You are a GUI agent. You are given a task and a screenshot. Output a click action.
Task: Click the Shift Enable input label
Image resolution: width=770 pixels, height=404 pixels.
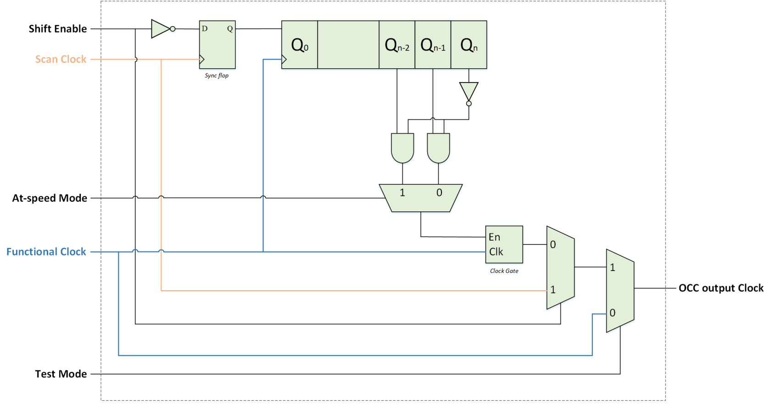(x=57, y=29)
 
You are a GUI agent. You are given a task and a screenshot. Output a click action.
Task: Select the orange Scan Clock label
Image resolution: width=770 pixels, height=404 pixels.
(x=61, y=59)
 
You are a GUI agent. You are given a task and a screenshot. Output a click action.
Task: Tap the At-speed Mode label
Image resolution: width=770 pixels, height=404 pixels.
(x=50, y=198)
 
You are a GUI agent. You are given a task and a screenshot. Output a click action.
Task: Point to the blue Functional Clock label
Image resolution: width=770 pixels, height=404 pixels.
(x=46, y=252)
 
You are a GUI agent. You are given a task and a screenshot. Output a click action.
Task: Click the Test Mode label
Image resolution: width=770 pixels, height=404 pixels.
(x=61, y=374)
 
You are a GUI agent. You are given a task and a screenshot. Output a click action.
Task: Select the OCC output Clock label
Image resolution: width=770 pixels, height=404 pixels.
(x=720, y=288)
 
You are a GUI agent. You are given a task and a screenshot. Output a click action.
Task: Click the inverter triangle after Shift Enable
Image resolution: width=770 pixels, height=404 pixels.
(x=160, y=29)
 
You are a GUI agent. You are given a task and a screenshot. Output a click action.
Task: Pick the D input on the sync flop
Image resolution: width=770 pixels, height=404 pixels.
(x=205, y=29)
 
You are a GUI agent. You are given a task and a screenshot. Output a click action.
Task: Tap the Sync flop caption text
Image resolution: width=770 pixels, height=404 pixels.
(x=217, y=76)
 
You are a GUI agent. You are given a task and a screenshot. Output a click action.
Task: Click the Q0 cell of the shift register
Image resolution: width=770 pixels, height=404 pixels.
(x=300, y=45)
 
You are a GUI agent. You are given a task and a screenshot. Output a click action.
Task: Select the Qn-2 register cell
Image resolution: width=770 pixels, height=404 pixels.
(x=397, y=45)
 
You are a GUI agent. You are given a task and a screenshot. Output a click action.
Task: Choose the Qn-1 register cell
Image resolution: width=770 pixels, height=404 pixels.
(x=433, y=45)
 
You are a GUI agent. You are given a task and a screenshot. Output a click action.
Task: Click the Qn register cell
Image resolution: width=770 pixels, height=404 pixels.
(x=469, y=45)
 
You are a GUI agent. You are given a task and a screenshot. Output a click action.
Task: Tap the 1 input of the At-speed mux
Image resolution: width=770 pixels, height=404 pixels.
(x=402, y=193)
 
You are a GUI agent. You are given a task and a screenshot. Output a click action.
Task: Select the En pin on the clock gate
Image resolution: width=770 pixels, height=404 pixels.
(x=494, y=237)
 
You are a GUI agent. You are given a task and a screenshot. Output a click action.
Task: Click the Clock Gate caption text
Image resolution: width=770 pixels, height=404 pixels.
(x=504, y=271)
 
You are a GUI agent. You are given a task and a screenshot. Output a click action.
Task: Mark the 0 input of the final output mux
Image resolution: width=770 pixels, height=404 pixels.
(x=612, y=313)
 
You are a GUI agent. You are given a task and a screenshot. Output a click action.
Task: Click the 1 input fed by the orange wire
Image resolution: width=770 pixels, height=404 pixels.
(x=553, y=290)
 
